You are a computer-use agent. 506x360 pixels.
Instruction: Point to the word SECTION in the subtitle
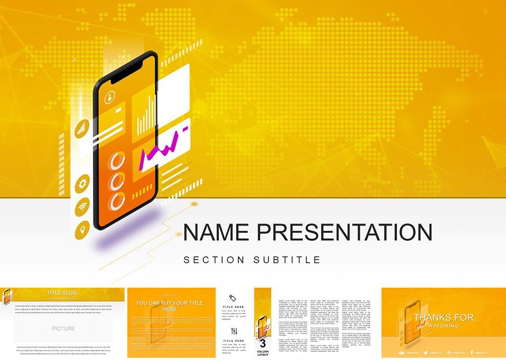(213, 260)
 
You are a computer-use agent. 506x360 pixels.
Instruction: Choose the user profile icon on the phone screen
(109, 97)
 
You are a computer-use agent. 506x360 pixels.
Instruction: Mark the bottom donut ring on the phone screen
(118, 202)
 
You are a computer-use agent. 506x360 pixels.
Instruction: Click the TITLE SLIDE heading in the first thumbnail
(61, 293)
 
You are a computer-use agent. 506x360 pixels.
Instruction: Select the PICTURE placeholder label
(63, 328)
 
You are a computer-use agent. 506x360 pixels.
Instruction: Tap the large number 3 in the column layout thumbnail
(263, 342)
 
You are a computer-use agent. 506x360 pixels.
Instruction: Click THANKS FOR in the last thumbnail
(444, 317)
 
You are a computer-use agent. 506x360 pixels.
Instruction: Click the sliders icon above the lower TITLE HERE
(234, 331)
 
